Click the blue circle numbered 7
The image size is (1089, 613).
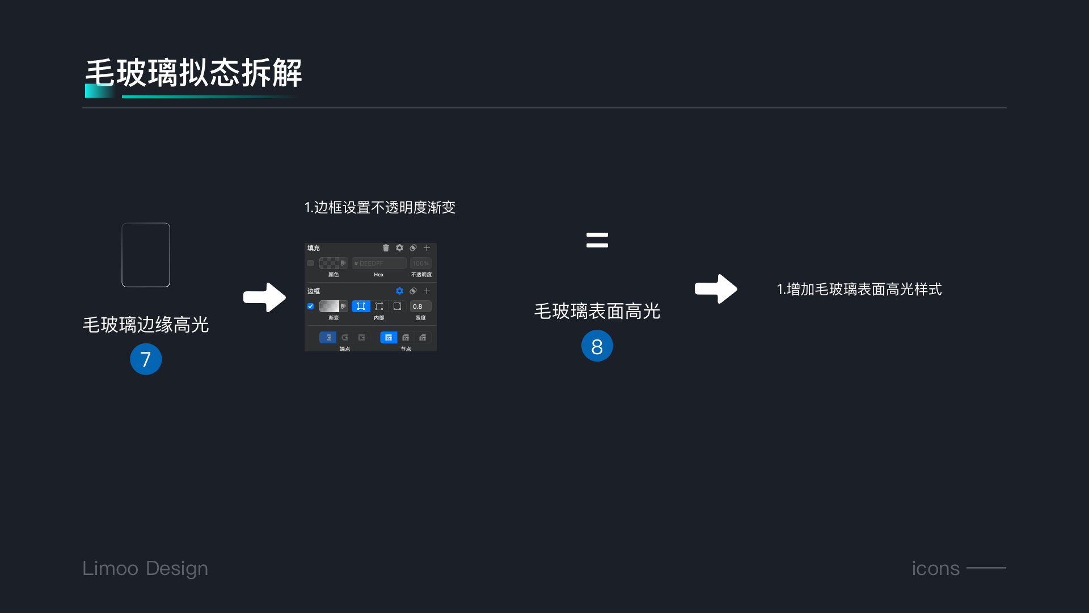(x=146, y=359)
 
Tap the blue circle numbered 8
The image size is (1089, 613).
(x=597, y=346)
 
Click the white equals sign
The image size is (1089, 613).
(x=597, y=240)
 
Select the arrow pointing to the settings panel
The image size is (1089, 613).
(x=264, y=297)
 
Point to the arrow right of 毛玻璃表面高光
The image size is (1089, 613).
(x=716, y=289)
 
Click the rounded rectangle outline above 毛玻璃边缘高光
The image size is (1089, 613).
(x=146, y=255)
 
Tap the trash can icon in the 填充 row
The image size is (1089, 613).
(x=386, y=248)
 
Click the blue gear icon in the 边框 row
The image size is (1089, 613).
(x=399, y=291)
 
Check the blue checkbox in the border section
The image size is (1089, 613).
(x=311, y=306)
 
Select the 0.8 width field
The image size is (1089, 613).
(x=420, y=306)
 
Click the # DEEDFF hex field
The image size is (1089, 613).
(x=378, y=263)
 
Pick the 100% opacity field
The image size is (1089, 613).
(x=420, y=263)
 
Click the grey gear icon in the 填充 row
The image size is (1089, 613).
(x=399, y=248)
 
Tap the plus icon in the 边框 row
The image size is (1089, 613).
(x=427, y=291)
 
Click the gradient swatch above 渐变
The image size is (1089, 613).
(x=329, y=306)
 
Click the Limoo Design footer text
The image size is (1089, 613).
(x=145, y=568)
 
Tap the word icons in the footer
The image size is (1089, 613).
(x=935, y=568)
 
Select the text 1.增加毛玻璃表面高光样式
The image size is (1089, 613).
(x=859, y=289)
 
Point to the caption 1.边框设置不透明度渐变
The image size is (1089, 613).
(x=379, y=208)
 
